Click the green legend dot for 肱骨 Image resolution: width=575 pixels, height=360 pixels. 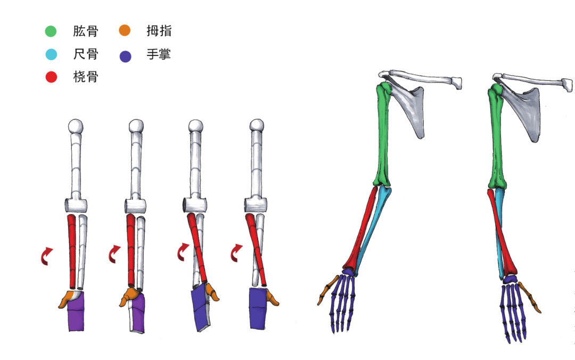51,31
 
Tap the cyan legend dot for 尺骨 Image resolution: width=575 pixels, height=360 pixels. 51,54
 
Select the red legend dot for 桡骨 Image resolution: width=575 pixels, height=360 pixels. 51,77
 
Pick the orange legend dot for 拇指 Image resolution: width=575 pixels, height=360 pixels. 125,30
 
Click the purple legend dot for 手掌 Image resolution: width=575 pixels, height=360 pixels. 126,56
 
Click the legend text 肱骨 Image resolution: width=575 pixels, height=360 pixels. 86,31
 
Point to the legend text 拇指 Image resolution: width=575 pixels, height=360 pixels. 159,31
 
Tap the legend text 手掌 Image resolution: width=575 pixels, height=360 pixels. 159,54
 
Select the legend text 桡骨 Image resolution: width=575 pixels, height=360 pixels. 86,77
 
